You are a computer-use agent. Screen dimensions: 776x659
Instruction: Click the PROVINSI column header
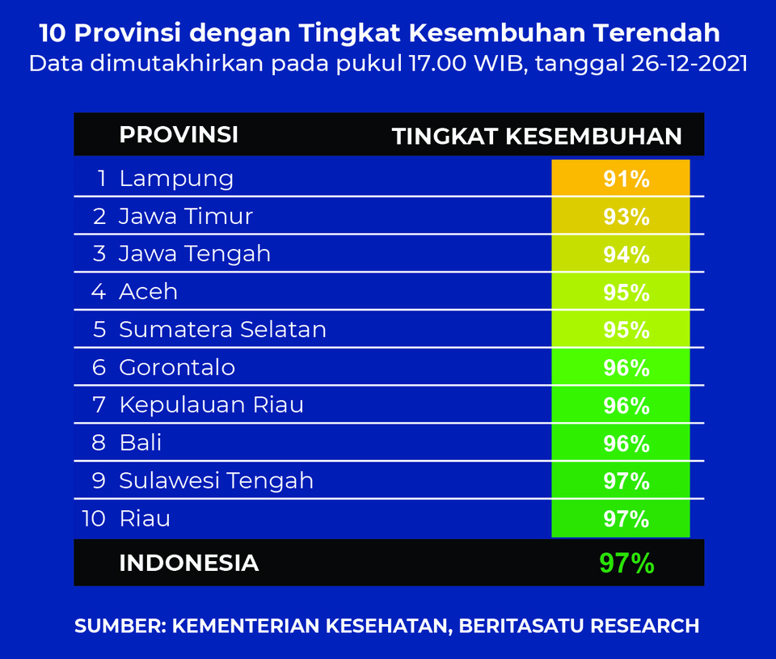[179, 135]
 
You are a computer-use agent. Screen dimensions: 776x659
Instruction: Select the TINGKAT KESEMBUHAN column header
[537, 136]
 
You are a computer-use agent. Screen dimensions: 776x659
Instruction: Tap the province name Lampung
[176, 180]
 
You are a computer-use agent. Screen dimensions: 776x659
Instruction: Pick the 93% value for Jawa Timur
[626, 217]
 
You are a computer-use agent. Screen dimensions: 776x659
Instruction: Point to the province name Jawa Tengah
[195, 255]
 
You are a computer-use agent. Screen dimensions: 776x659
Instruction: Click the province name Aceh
[149, 291]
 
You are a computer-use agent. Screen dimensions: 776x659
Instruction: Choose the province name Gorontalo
[177, 367]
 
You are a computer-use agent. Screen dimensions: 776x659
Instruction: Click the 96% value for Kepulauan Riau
[626, 405]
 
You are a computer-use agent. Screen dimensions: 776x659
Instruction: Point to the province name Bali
[141, 442]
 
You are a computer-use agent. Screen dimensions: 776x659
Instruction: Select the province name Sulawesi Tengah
[217, 481]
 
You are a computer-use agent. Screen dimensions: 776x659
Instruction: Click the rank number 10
[94, 518]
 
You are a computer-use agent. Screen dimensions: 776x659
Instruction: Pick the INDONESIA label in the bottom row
[189, 563]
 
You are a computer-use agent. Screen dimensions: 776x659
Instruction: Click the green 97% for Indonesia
[626, 563]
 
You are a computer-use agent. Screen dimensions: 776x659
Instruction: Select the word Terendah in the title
[656, 33]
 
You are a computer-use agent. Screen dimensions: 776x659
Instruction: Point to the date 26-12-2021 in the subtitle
[690, 64]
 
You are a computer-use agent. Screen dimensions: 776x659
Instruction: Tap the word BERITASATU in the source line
[521, 626]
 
